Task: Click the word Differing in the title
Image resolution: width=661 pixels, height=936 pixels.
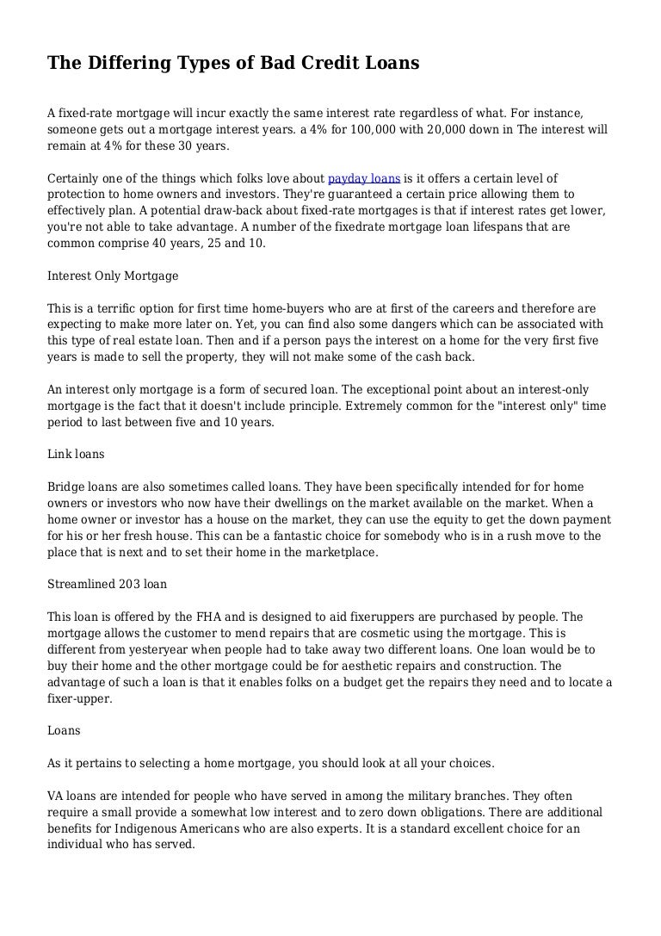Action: point(121,63)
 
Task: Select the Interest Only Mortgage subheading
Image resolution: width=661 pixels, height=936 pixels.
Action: point(113,276)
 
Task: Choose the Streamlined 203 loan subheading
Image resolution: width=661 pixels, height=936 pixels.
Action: point(107,584)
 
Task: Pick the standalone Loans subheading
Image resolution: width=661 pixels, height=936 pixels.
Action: point(64,730)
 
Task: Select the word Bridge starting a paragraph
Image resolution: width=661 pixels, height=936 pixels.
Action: point(66,487)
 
